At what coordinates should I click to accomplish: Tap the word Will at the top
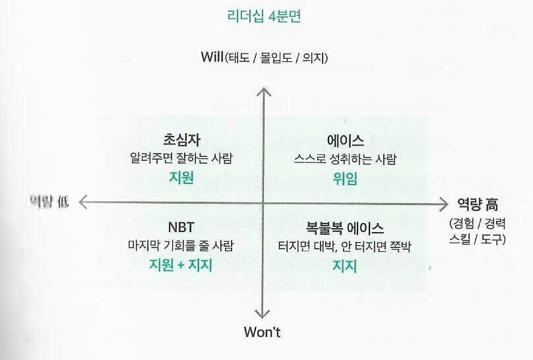click(212, 57)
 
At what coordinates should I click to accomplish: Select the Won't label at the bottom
click(262, 332)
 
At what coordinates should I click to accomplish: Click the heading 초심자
click(181, 141)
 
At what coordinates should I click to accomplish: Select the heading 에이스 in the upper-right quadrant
click(345, 141)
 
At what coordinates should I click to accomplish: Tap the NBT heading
click(181, 228)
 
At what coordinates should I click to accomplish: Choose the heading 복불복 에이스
click(345, 228)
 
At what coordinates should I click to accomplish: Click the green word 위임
click(345, 179)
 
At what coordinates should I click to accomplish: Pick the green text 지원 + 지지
click(181, 266)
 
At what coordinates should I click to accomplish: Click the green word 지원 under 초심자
click(181, 179)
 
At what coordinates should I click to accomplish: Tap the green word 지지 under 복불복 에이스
click(345, 266)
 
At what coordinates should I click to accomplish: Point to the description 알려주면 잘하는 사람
click(181, 160)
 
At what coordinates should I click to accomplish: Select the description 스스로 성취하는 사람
click(345, 160)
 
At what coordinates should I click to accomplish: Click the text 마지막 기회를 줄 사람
click(181, 247)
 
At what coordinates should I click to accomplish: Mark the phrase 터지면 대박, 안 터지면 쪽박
click(345, 247)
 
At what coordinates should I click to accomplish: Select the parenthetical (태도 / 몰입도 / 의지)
click(276, 58)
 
